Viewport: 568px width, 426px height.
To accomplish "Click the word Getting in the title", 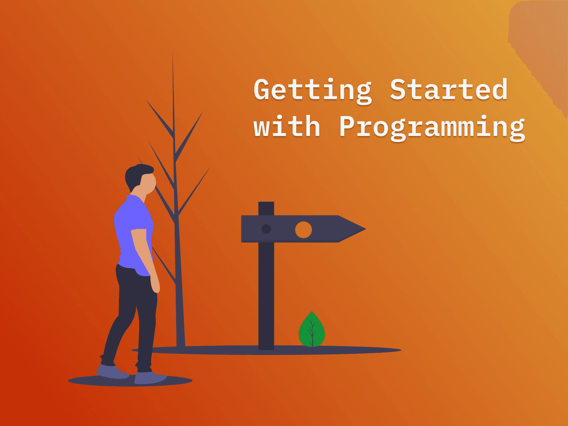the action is click(313, 91).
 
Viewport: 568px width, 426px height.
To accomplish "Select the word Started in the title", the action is click(449, 89).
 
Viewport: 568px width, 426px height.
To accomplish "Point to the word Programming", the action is click(432, 128).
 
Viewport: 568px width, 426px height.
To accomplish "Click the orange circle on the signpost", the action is click(303, 230).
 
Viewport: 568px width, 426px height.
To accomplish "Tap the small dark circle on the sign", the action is click(266, 229).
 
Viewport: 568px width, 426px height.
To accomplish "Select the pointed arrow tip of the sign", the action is click(366, 229).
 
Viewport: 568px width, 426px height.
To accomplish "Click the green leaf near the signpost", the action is click(312, 329).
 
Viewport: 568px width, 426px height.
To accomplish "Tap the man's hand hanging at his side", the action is click(155, 284).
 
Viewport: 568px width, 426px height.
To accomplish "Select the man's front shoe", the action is click(150, 378).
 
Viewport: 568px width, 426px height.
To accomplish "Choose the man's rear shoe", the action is click(112, 371).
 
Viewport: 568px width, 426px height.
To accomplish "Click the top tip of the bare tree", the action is click(173, 52).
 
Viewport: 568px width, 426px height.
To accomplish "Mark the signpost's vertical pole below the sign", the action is click(266, 296).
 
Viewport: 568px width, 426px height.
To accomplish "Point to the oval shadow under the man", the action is click(130, 381).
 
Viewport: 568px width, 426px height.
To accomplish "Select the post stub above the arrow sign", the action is click(266, 208).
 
